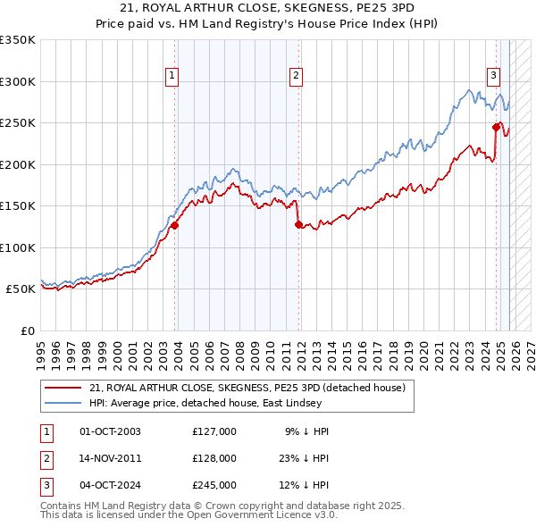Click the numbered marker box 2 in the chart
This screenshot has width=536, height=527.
[x=295, y=76]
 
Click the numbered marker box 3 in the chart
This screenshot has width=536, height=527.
[x=493, y=76]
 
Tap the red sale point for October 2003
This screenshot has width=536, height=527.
[x=175, y=226]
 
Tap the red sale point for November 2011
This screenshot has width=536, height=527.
[x=298, y=225]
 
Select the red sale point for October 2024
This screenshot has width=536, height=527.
[x=496, y=127]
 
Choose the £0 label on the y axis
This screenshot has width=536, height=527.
[x=26, y=330]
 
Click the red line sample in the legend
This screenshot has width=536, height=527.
[x=63, y=388]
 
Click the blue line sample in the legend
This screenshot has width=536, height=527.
[x=63, y=403]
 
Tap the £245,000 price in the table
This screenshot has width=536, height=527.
[x=214, y=485]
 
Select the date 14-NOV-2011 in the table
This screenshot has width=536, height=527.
[x=110, y=458]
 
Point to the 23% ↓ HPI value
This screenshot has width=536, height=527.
[x=303, y=458]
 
